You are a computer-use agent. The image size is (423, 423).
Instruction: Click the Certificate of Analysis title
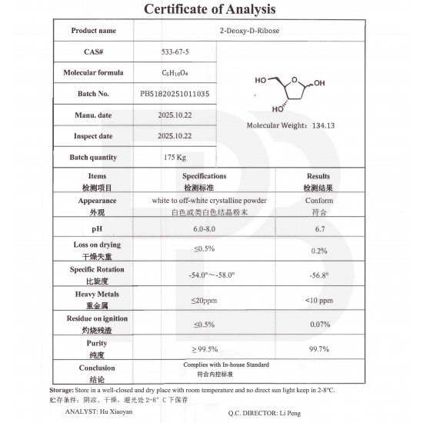pyautogui.click(x=211, y=9)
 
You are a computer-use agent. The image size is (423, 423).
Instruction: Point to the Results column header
pyautogui.click(x=318, y=177)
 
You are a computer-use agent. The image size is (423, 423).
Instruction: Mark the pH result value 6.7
pyautogui.click(x=318, y=229)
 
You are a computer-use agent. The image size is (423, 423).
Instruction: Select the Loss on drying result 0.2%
pyautogui.click(x=318, y=250)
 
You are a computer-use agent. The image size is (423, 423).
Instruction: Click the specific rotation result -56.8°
pyautogui.click(x=318, y=275)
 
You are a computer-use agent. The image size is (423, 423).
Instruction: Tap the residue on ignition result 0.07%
pyautogui.click(x=318, y=324)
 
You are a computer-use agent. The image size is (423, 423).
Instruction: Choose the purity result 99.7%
pyautogui.click(x=318, y=348)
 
